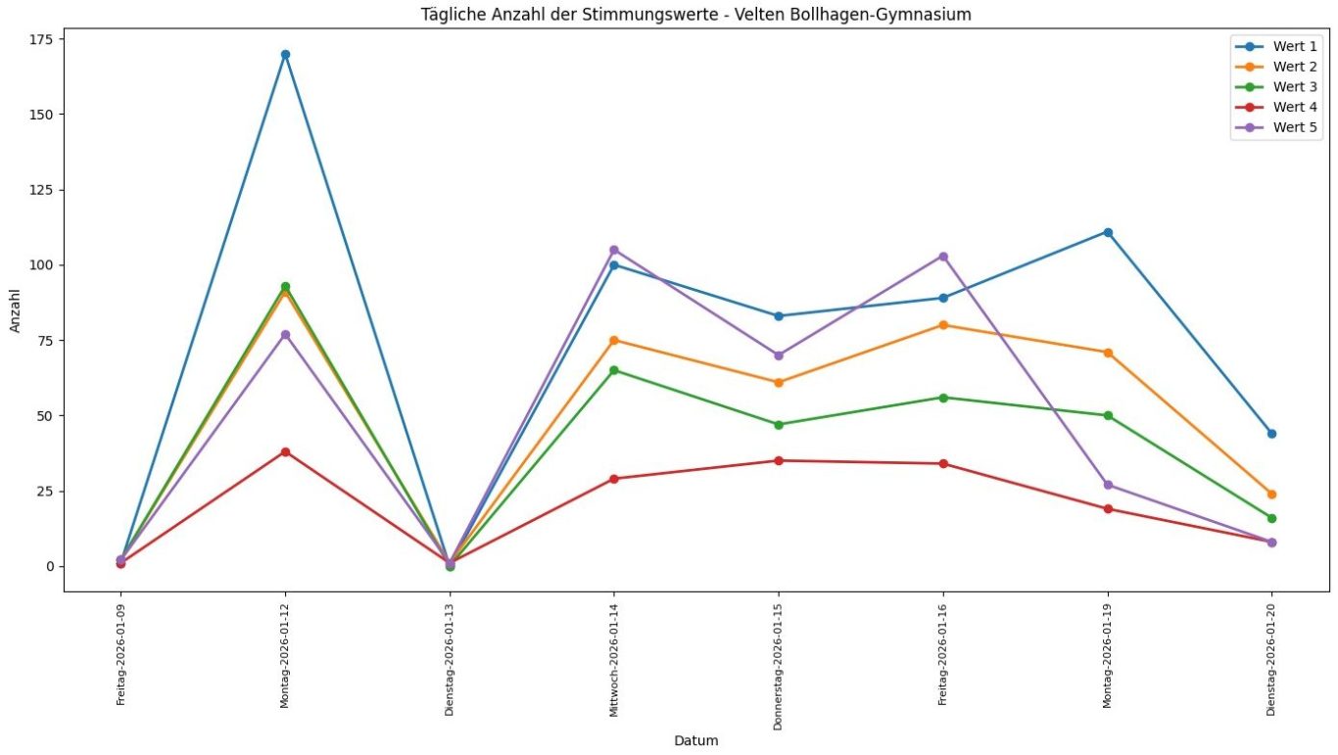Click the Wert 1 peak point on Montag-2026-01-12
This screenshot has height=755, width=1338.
point(285,55)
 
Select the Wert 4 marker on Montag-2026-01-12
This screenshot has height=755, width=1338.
point(285,451)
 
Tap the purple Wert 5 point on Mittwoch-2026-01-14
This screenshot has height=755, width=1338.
point(614,250)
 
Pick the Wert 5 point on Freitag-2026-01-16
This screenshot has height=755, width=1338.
point(943,257)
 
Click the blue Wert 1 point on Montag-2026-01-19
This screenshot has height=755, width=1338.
point(1108,232)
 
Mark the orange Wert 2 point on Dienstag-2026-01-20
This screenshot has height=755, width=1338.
point(1271,495)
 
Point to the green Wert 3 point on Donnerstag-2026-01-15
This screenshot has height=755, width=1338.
point(779,425)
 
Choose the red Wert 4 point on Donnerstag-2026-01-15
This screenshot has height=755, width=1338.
point(779,460)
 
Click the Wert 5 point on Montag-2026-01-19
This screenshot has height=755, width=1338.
point(1108,485)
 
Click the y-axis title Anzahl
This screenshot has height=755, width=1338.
point(16,310)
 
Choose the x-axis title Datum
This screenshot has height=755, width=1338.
point(695,741)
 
